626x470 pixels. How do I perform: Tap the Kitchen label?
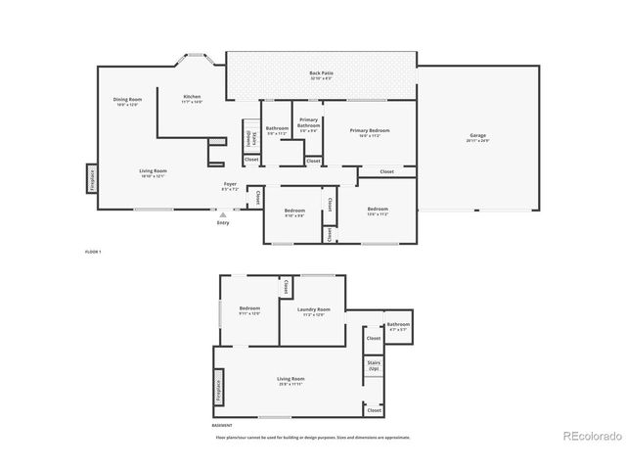point(192,97)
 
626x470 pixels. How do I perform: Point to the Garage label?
point(477,136)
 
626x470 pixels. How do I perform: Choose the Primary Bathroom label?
point(309,123)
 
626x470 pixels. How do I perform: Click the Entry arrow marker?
point(223,214)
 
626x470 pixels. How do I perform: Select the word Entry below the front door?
point(223,223)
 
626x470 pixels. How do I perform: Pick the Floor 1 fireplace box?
point(91,177)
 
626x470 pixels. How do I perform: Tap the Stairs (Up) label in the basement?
point(374,365)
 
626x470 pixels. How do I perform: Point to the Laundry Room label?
point(314,310)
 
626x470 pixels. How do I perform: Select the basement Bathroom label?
point(398,325)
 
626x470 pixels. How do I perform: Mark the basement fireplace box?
point(218,392)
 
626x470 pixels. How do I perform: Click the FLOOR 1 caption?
point(93,252)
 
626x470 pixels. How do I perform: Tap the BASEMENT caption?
point(223,425)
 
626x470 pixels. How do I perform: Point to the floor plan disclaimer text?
point(313,438)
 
